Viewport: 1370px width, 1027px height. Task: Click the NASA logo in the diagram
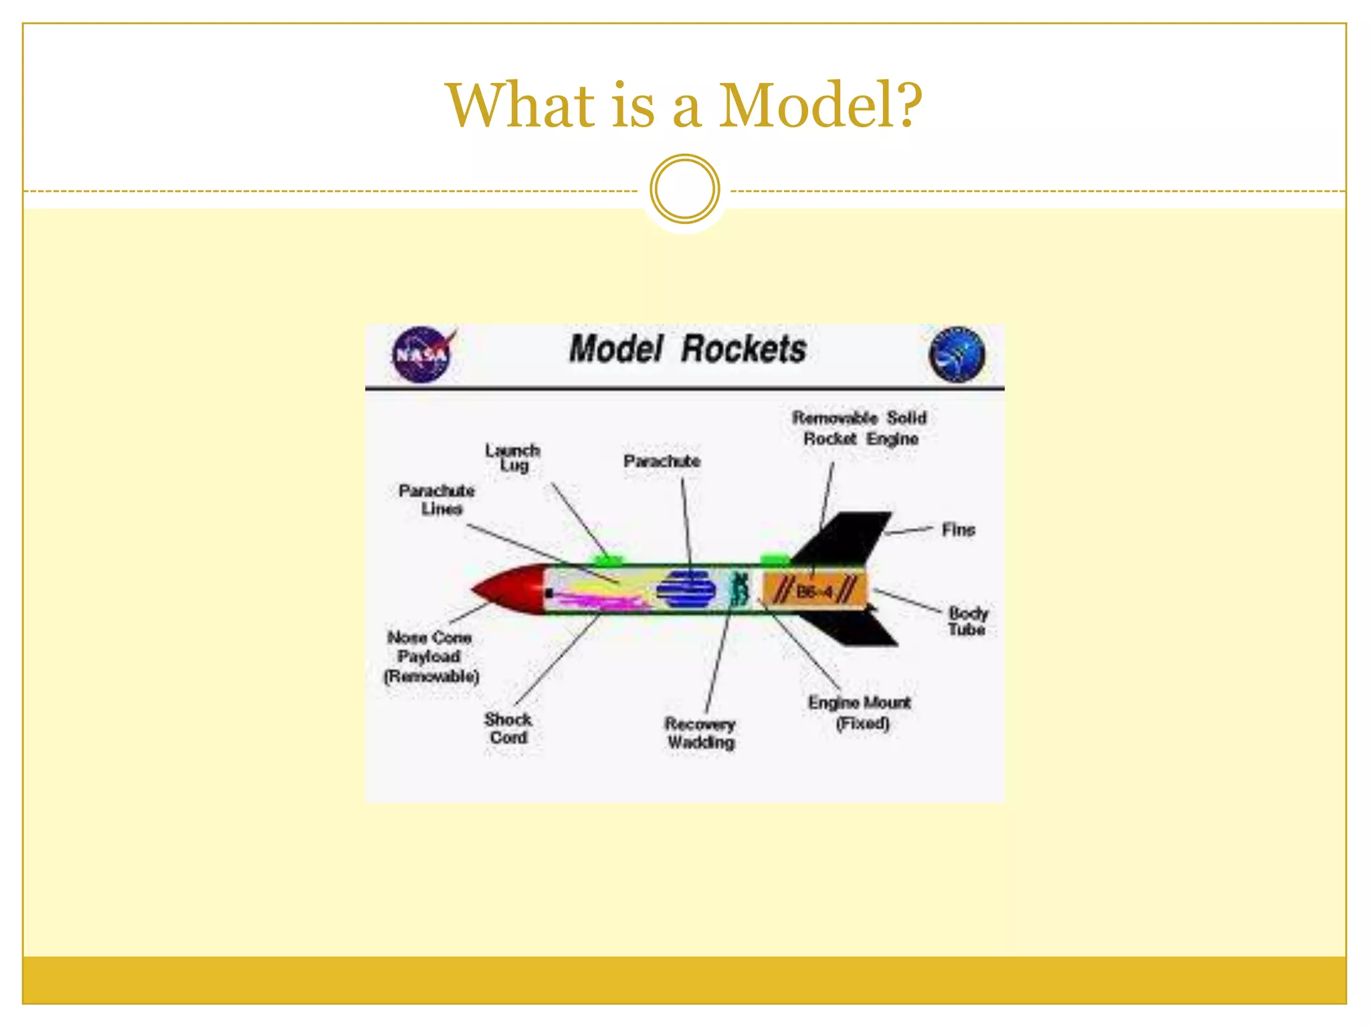click(x=422, y=354)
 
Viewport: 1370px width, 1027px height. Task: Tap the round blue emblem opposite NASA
click(x=957, y=354)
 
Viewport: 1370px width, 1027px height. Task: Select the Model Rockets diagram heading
click(x=687, y=349)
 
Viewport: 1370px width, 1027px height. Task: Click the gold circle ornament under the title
click(x=684, y=189)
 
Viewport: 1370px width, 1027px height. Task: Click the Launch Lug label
click(x=513, y=457)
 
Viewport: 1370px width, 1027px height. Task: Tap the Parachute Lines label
click(x=437, y=499)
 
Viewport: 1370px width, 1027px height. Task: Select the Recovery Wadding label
click(x=700, y=733)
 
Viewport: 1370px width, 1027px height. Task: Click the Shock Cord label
click(x=508, y=728)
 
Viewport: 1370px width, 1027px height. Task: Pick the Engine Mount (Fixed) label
click(x=860, y=712)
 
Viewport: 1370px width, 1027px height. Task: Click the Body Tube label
click(x=967, y=621)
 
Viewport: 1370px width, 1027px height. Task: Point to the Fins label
click(x=958, y=530)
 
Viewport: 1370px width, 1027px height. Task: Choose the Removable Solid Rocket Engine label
click(x=860, y=428)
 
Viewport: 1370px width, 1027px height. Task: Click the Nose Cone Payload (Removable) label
click(x=431, y=657)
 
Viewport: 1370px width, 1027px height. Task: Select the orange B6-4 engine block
click(x=813, y=590)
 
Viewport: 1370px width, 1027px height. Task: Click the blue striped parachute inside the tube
click(x=686, y=589)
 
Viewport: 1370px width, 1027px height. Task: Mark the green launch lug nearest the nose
click(x=605, y=559)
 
